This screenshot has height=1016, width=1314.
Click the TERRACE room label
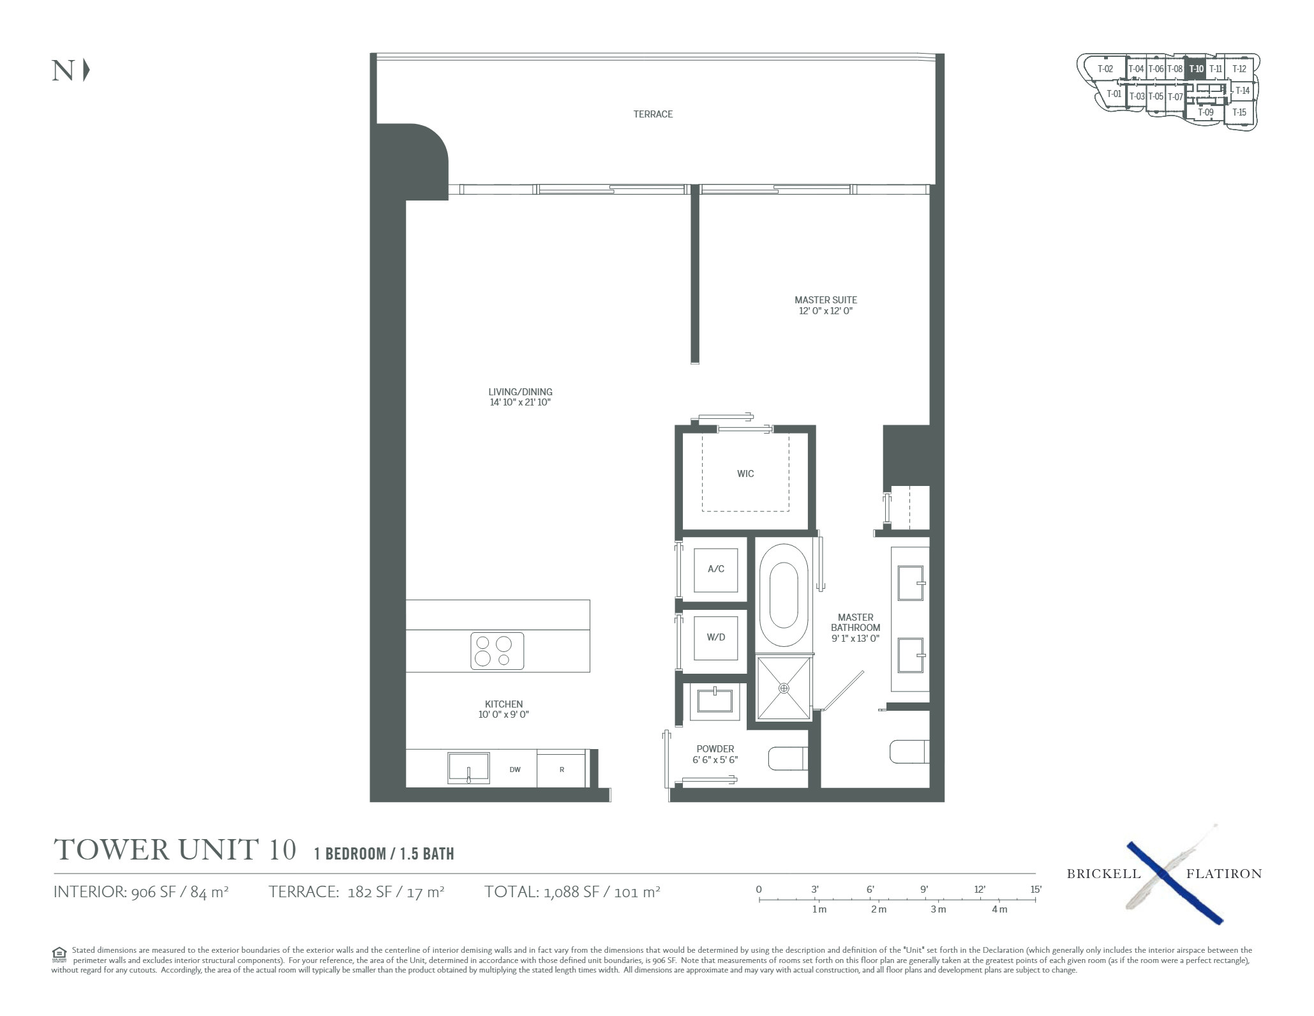(x=653, y=114)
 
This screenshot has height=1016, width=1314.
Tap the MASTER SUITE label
(x=826, y=299)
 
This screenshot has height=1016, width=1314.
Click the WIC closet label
(x=745, y=474)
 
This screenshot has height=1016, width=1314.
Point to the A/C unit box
(x=716, y=569)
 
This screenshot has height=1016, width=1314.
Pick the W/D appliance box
(x=716, y=637)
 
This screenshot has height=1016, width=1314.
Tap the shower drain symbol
(x=784, y=688)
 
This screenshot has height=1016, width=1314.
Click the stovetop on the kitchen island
(x=497, y=651)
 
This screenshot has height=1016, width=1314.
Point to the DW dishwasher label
(x=515, y=770)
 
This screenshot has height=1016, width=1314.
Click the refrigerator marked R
(x=562, y=770)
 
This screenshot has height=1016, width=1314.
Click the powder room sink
(x=715, y=701)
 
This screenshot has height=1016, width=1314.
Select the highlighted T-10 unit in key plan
(x=1196, y=69)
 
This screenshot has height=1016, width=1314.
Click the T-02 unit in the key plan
(x=1105, y=69)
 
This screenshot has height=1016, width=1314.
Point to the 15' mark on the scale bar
(x=1035, y=889)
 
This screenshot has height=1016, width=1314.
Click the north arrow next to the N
(x=86, y=70)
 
